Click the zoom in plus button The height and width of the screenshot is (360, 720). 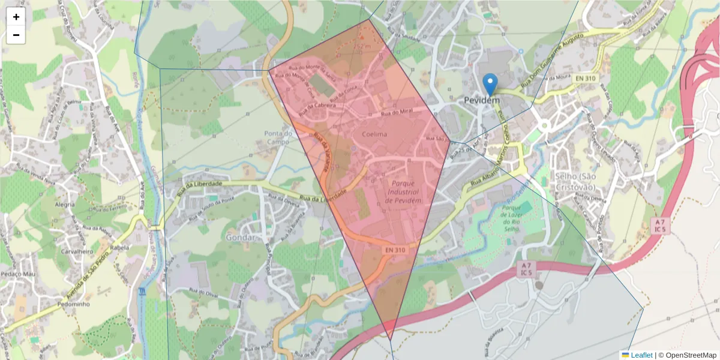pos(16,17)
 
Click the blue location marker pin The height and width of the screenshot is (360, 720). pos(490,85)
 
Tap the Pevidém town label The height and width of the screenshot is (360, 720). pos(482,101)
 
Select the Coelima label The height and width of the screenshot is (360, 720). pos(375,134)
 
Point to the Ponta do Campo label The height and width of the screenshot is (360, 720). pos(278,137)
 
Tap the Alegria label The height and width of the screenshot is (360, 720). pos(65,204)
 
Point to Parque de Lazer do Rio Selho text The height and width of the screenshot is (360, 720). pos(515,220)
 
